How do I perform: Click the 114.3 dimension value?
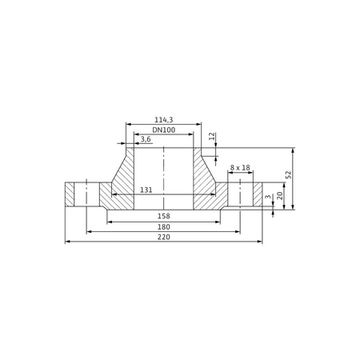[164, 120]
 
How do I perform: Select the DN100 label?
[164, 130]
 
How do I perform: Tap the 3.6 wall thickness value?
[146, 139]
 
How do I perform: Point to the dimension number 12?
[211, 136]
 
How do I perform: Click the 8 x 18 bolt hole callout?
[240, 168]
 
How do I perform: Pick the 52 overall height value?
[289, 174]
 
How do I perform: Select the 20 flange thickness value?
[279, 196]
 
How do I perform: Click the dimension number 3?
[268, 197]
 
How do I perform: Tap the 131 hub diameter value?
[146, 190]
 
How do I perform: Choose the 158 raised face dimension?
[164, 216]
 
